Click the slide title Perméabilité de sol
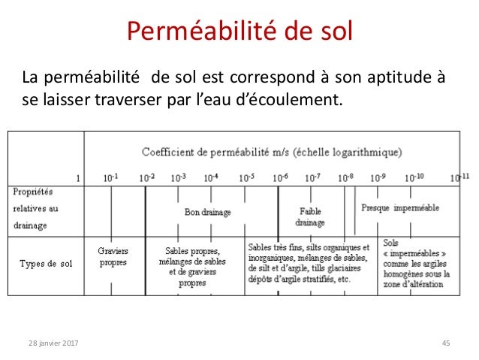239,32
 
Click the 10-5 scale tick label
246,177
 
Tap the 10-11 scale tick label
459,177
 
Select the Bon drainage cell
208,212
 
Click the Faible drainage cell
310,217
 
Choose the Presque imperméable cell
399,207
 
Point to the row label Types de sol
46,262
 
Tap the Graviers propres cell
113,257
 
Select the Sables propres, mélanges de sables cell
192,267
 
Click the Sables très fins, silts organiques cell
308,262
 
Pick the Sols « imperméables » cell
415,265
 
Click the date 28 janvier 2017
53,343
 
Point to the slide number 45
446,343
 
